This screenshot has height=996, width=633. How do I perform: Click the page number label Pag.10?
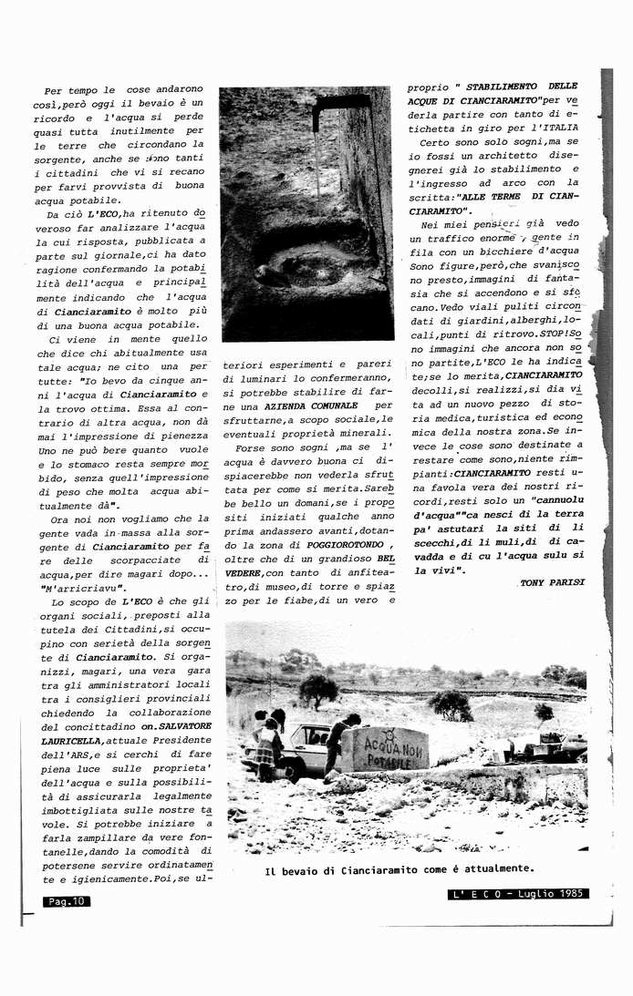65,901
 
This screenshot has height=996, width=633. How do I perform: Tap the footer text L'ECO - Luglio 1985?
520,894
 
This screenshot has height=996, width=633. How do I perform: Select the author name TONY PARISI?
553,581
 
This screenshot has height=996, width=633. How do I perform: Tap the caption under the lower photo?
399,868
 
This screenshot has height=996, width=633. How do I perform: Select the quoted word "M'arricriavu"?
84,588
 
